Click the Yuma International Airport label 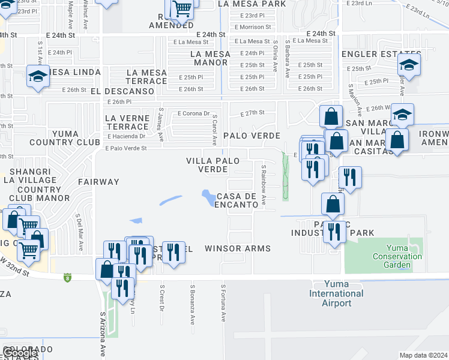336,293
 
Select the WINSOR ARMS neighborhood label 238,248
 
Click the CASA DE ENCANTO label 237,200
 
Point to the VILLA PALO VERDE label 213,165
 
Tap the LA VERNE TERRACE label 127,122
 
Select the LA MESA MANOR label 209,58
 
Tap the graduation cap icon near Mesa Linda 38,76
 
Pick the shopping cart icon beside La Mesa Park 182,9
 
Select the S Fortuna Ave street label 223,303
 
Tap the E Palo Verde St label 126,149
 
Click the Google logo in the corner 19,353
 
